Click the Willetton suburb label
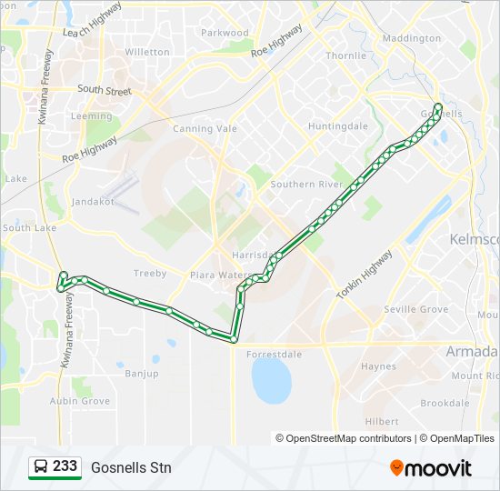point(147,52)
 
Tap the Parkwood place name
point(225,33)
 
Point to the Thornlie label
point(345,55)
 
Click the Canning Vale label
point(205,129)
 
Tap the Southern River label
point(306,185)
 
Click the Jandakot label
point(93,202)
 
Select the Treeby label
point(150,274)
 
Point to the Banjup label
point(141,374)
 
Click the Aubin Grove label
point(80,401)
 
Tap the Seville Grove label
point(416,310)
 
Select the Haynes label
point(378,367)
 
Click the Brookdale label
point(445,403)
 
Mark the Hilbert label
point(381,422)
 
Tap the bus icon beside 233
point(41,467)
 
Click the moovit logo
point(431,468)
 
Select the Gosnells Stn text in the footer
point(131,468)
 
